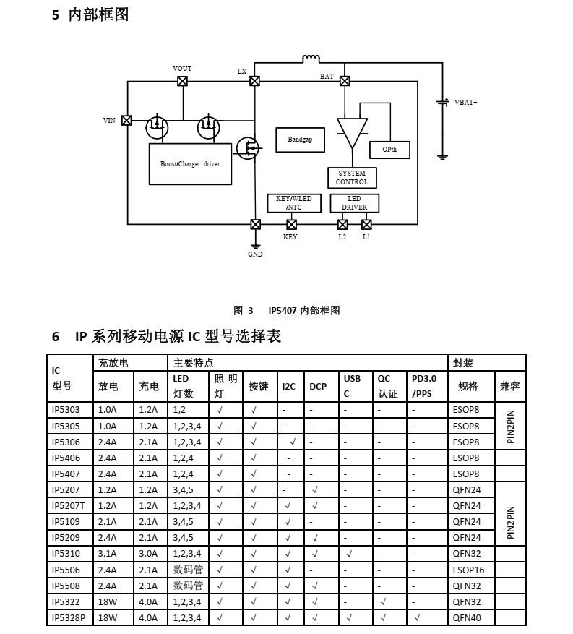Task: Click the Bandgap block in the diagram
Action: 300,140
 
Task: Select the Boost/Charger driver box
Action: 190,164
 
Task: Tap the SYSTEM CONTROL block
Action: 352,178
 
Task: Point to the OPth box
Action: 389,150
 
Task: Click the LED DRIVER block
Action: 354,203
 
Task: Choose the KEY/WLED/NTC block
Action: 294,203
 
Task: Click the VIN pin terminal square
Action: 126,120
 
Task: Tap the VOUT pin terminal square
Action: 183,81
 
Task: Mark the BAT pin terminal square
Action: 345,81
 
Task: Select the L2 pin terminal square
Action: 342,224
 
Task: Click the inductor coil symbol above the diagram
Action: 311,59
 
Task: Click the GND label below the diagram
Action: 255,254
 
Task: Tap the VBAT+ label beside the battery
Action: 466,103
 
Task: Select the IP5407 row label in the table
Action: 66,474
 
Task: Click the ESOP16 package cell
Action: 468,570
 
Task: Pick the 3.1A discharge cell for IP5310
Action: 108,554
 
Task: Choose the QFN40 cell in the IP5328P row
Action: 467,617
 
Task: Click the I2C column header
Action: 289,386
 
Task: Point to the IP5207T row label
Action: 68,506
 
